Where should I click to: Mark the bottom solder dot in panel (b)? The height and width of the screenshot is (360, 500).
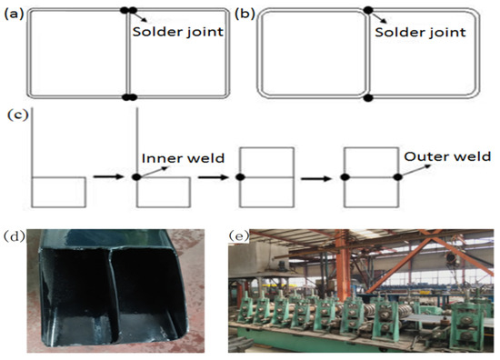click(x=368, y=97)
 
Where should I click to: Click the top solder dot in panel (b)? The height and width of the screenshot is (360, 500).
click(x=368, y=11)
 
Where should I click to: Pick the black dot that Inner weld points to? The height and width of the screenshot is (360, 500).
click(x=135, y=176)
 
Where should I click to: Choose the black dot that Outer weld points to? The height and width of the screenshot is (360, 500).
click(x=397, y=176)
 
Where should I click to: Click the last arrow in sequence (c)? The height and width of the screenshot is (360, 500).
click(x=315, y=177)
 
